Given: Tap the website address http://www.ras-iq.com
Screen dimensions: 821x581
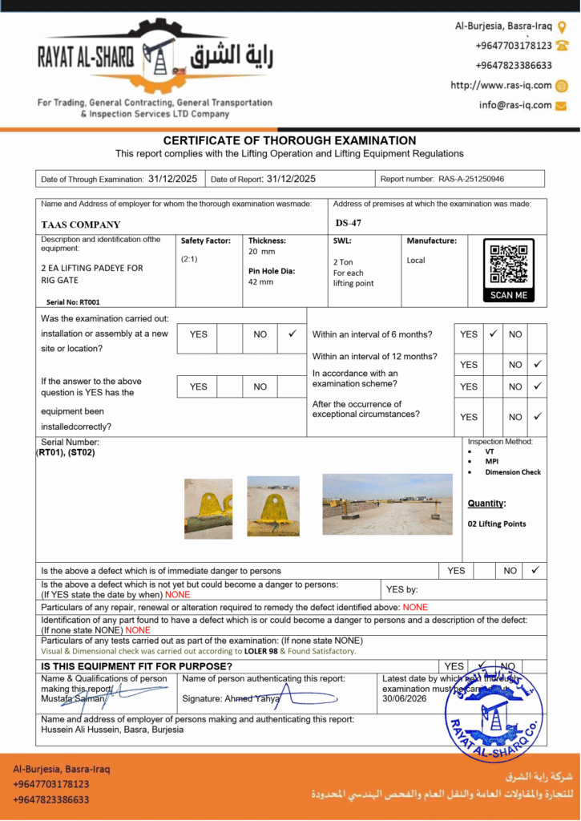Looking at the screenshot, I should tap(501, 85).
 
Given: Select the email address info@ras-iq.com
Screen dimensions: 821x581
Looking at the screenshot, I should tap(515, 105).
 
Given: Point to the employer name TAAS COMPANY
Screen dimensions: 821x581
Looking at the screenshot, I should tap(81, 225).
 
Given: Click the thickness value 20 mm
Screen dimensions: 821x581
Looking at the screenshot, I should tap(261, 252).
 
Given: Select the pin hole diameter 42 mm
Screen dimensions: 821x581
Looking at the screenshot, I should tap(260, 282).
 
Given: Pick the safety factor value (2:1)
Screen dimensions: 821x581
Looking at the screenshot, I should tap(190, 259).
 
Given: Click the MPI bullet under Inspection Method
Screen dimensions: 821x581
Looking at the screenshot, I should tap(492, 462).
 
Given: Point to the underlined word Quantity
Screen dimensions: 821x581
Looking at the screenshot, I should tap(486, 504).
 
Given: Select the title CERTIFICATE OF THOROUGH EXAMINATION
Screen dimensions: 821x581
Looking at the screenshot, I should tap(289, 140).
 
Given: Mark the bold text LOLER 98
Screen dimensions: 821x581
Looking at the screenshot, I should tap(261, 651).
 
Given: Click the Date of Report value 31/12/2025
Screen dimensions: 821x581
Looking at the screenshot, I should tap(291, 179).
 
